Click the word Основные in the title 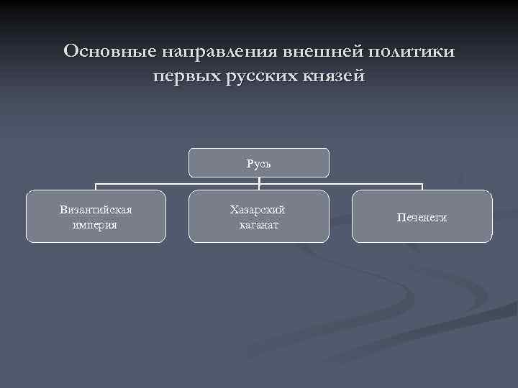[x=109, y=52]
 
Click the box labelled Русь [x=259, y=162]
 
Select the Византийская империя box [x=96, y=216]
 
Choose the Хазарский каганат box [x=259, y=216]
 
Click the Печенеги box [x=422, y=216]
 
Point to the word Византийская [x=96, y=210]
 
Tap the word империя [x=96, y=225]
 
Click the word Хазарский [x=258, y=210]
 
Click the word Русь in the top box [x=259, y=164]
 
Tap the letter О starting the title [x=71, y=52]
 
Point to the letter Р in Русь [x=250, y=164]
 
